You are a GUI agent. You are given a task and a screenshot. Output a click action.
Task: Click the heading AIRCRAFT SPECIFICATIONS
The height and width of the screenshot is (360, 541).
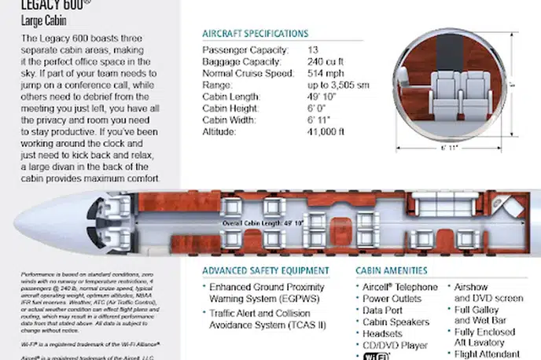coord(255,34)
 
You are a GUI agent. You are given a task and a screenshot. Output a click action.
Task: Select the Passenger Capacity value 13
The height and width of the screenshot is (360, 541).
coord(312,50)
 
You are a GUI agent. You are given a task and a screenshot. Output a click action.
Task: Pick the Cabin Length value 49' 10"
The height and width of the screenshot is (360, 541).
coord(323,97)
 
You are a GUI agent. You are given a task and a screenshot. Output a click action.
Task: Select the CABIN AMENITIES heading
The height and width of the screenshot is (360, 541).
coord(396,270)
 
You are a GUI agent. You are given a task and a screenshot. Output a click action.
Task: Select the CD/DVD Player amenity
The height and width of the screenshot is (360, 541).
coord(395,346)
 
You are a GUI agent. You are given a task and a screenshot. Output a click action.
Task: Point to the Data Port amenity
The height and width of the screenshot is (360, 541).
coord(385,310)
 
